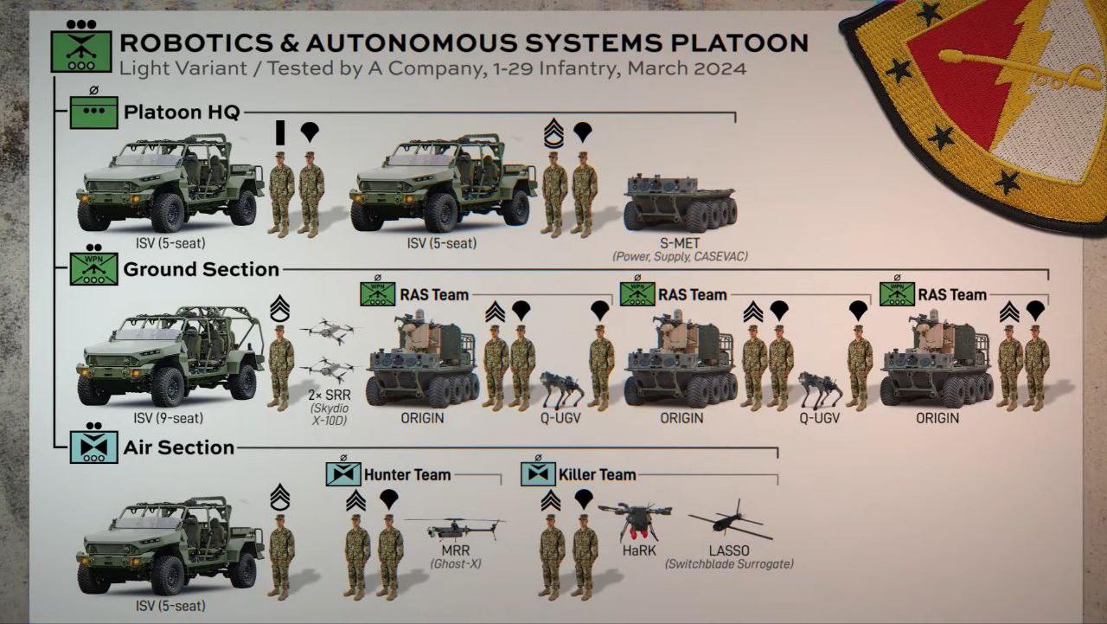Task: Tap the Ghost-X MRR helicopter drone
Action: [x=455, y=528]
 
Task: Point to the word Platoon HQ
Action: [x=182, y=113]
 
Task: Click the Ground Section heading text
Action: [x=201, y=269]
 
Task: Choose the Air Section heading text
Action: [x=179, y=447]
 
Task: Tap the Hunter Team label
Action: [x=406, y=474]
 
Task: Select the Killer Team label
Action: [x=597, y=474]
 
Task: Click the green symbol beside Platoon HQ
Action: [x=93, y=113]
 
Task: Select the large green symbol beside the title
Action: [x=80, y=51]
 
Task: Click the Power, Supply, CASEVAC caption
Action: [x=680, y=257]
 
